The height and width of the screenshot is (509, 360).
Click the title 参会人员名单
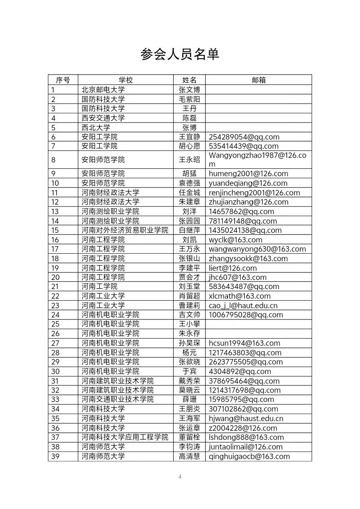180,54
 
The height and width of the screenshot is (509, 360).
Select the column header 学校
125,80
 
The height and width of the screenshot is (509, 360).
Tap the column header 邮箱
258,80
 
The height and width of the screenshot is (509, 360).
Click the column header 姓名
189,80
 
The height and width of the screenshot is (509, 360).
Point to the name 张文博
189,90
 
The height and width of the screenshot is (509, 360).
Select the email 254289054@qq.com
244,137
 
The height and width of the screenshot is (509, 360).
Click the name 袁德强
189,183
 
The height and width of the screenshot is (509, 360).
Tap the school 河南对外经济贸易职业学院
125,230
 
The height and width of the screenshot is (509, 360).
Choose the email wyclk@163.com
235,240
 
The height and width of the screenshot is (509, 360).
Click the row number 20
55,277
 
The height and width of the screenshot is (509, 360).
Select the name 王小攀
189,324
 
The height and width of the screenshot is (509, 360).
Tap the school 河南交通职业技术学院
117,399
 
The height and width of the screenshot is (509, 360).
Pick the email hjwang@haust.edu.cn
246,419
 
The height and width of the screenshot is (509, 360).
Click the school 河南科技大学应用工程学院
125,437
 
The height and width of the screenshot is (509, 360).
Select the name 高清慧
189,457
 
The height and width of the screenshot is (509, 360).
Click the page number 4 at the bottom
180,477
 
